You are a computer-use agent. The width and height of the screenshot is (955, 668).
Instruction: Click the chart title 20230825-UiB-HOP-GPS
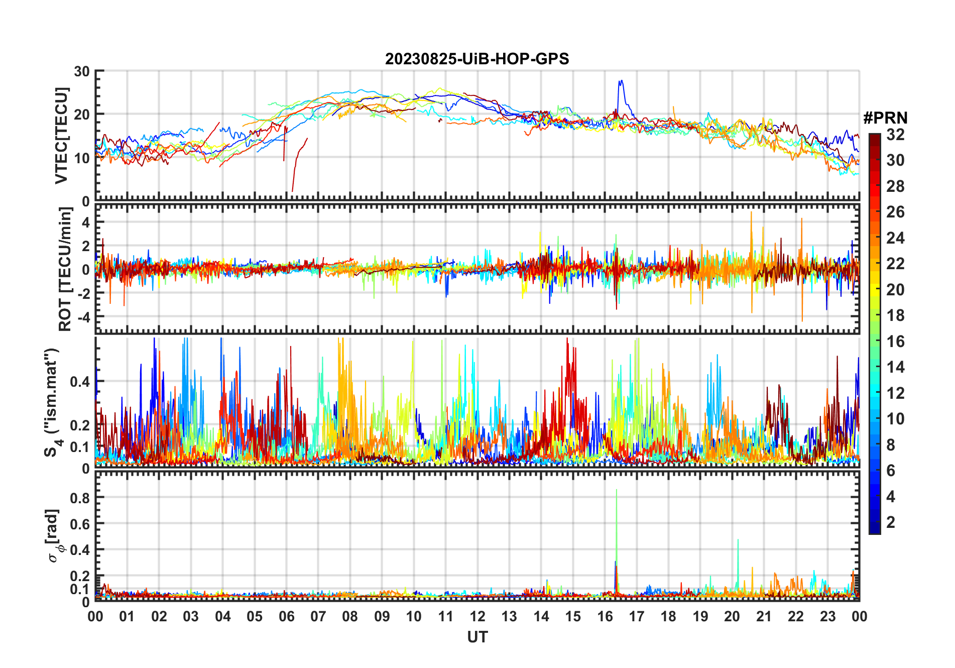tap(477, 59)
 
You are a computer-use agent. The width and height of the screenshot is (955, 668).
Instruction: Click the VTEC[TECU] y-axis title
tap(61, 136)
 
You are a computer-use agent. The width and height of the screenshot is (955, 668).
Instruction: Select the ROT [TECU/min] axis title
tap(65, 269)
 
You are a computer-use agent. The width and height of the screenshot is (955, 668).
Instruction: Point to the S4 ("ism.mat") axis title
tap(52, 402)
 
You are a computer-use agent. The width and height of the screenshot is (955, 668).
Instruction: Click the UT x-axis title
tap(477, 637)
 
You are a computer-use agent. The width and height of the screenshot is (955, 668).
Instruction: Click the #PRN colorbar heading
tap(885, 118)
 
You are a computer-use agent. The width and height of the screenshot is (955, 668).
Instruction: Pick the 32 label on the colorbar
tap(895, 135)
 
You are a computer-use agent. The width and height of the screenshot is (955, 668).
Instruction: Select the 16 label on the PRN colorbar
tap(895, 342)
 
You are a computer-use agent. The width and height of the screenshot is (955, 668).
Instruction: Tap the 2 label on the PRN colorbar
tap(891, 522)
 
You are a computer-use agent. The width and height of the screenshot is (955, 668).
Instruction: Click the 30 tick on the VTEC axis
tap(82, 71)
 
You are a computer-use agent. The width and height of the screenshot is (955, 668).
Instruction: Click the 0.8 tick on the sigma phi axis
tap(79, 498)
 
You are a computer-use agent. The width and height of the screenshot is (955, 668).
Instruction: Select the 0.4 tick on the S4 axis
tap(79, 382)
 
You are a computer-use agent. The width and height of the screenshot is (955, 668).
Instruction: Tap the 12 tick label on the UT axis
tap(477, 617)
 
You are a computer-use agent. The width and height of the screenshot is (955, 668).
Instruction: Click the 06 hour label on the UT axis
tap(286, 617)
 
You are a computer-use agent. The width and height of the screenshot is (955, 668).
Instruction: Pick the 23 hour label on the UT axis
tap(827, 617)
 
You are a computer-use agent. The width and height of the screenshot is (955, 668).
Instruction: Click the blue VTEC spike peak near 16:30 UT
tap(621, 81)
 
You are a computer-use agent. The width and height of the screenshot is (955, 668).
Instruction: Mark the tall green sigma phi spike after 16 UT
tap(617, 490)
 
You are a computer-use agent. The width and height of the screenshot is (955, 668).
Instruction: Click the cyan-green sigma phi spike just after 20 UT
tap(738, 540)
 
